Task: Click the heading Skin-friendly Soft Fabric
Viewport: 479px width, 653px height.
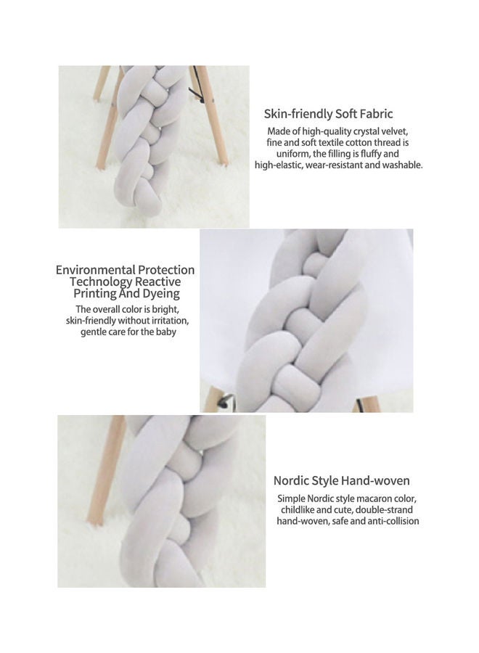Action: (x=328, y=114)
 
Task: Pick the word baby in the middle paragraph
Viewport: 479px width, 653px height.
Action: (x=164, y=332)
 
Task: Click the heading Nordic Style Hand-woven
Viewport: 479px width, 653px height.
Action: (x=342, y=480)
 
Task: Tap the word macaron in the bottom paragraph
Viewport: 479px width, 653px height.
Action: (x=359, y=499)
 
